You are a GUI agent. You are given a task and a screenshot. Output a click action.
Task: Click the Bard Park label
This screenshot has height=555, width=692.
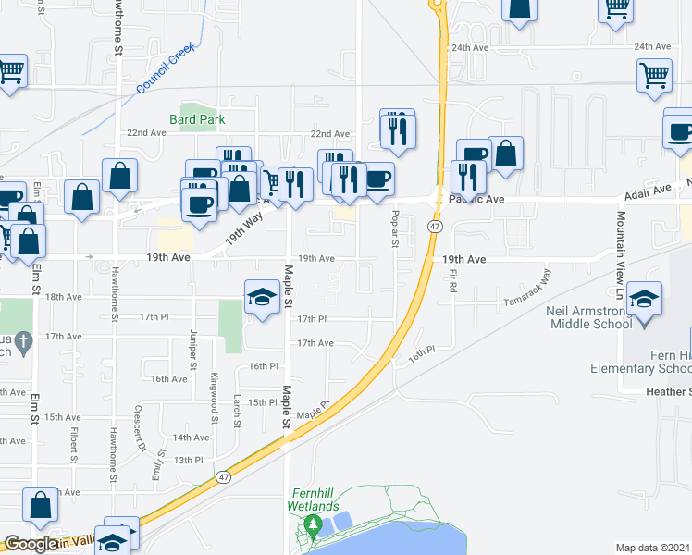click(x=197, y=119)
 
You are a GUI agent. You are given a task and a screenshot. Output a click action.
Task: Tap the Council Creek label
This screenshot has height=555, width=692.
click(x=166, y=68)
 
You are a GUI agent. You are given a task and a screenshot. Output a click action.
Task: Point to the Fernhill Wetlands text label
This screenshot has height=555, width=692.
click(x=316, y=499)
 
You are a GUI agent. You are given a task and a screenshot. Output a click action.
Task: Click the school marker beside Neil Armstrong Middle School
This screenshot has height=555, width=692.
click(x=644, y=300)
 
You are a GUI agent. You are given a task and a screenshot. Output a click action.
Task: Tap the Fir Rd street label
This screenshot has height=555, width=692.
click(x=453, y=280)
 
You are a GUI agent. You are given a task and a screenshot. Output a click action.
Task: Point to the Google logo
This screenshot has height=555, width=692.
click(x=31, y=545)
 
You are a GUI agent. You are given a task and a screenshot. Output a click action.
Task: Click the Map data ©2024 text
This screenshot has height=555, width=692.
click(x=651, y=548)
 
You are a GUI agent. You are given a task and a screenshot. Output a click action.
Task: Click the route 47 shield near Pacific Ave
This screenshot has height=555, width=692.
click(x=435, y=226)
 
